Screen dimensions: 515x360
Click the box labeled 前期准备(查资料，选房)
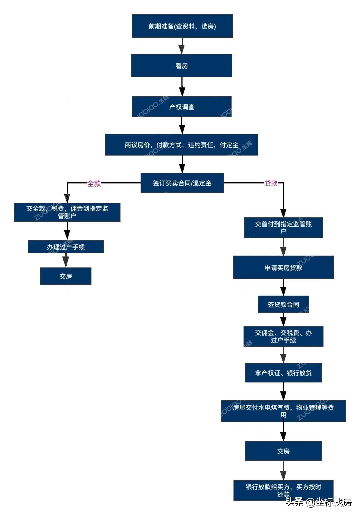pyautogui.click(x=182, y=26)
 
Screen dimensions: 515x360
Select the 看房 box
pyautogui.click(x=182, y=66)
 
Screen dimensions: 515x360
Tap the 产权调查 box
pyautogui.click(x=182, y=107)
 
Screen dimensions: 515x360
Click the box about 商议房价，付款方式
pyautogui.click(x=182, y=145)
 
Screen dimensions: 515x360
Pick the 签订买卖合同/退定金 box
pyautogui.click(x=182, y=183)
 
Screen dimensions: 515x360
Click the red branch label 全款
pyautogui.click(x=94, y=183)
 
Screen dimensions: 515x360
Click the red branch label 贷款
pyautogui.click(x=271, y=183)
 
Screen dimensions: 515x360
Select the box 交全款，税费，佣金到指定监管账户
pyautogui.click(x=67, y=212)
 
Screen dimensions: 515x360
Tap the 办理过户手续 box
pyautogui.click(x=66, y=247)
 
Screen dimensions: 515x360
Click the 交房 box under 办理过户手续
pyautogui.click(x=66, y=276)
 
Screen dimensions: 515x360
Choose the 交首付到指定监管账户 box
pyautogui.click(x=283, y=228)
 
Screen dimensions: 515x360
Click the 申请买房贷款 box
pyautogui.click(x=283, y=267)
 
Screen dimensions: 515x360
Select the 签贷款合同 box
pyautogui.click(x=283, y=304)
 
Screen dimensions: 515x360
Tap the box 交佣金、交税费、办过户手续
pyautogui.click(x=283, y=336)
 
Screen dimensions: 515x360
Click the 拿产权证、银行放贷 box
pyautogui.click(x=283, y=373)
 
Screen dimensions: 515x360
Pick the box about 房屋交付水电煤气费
pyautogui.click(x=283, y=411)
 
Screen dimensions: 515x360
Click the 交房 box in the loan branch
pyautogui.click(x=283, y=451)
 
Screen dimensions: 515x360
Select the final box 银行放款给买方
pyautogui.click(x=283, y=490)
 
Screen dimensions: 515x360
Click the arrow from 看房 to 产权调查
pyautogui.click(x=182, y=87)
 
